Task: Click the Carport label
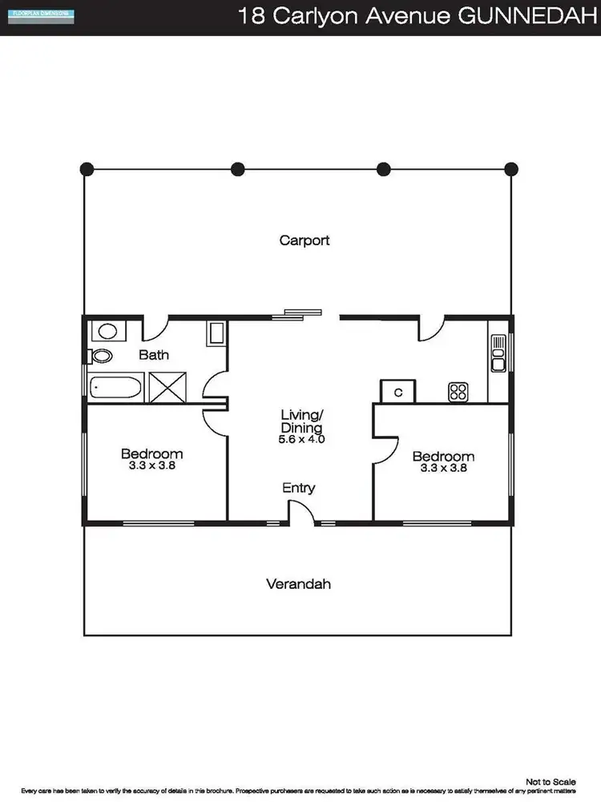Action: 305,240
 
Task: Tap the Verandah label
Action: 298,584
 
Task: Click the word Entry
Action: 298,488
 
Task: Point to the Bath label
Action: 154,355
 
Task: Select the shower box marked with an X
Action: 167,389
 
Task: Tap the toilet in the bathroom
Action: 101,355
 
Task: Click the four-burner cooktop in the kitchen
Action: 458,392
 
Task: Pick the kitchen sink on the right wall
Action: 498,352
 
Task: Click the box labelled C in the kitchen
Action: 398,391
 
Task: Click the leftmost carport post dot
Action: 87,169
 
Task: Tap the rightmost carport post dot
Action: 510,169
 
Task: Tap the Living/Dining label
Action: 302,421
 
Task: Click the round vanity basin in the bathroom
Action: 107,330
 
